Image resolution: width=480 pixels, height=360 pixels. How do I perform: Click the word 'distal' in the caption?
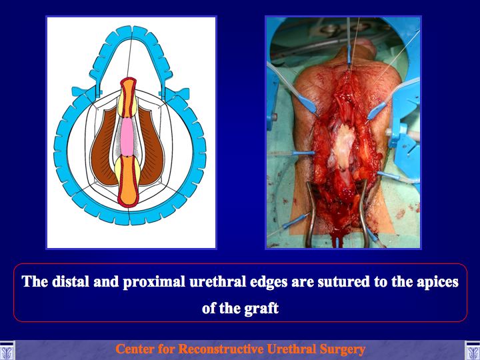(x=71, y=281)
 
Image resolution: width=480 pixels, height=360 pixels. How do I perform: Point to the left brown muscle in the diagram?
(x=104, y=147)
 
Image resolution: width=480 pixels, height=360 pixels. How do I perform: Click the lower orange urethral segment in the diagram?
(x=128, y=181)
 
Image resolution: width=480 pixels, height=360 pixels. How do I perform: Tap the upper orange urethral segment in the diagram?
(x=128, y=97)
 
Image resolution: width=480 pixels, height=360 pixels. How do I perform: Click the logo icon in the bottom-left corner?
(x=7, y=350)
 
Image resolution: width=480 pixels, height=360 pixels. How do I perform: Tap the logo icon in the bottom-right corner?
(x=473, y=350)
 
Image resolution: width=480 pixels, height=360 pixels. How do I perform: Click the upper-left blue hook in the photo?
(x=307, y=105)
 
